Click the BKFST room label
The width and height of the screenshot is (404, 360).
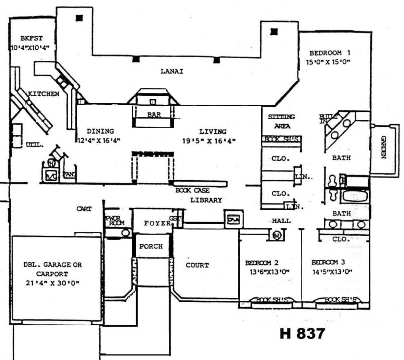coord(31,38)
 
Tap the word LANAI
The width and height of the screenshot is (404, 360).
coord(172,71)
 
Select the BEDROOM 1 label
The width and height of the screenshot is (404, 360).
coord(330,53)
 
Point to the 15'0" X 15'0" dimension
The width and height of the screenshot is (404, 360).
coord(329,62)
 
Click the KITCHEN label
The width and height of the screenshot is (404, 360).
coord(43,94)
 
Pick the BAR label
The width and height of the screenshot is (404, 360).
coord(154,115)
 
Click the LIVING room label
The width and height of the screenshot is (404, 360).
coord(213,132)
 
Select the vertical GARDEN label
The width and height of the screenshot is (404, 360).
coord(384,147)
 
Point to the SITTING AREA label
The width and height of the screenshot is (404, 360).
coord(281,121)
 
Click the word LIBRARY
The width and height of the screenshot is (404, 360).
coord(206,200)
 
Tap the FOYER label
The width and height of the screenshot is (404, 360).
coord(157,223)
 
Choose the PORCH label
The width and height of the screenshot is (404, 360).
coord(151,246)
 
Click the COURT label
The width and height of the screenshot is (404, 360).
coord(197,265)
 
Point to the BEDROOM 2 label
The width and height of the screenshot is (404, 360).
coord(262,263)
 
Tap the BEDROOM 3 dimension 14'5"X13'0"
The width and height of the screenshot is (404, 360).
coord(332,272)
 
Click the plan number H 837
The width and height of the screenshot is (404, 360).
coord(302,333)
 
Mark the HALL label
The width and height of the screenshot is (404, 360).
coord(281,221)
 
